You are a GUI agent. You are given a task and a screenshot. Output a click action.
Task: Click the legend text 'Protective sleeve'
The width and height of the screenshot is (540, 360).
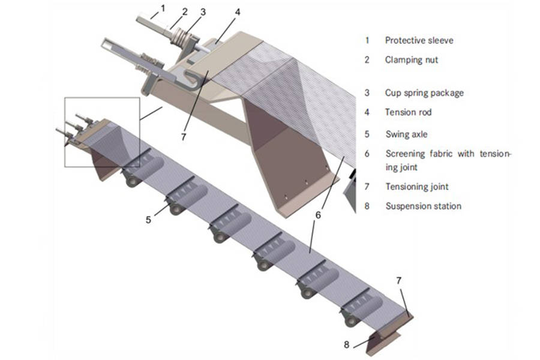(x=419, y=41)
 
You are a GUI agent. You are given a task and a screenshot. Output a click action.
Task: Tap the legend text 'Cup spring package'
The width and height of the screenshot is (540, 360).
(x=424, y=93)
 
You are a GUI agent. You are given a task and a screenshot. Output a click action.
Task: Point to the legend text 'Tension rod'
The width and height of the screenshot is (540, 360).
(x=408, y=112)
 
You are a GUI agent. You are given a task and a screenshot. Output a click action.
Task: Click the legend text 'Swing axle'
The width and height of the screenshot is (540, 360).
(x=407, y=135)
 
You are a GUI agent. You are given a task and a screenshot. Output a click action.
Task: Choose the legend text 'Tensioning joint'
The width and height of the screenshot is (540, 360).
(x=416, y=187)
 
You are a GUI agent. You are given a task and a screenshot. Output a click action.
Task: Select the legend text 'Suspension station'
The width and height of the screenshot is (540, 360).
(x=423, y=206)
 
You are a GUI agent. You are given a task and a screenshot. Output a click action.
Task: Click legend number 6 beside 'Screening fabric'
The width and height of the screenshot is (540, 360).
(x=367, y=154)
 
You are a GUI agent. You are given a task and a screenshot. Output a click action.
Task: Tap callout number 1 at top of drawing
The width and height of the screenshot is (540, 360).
(x=161, y=8)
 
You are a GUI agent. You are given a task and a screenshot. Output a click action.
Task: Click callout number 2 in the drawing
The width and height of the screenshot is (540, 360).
(x=185, y=11)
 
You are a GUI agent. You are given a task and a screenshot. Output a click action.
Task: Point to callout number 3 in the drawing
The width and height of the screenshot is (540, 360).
(x=203, y=11)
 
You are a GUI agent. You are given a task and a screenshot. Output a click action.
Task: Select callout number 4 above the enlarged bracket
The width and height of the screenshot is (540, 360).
(x=238, y=11)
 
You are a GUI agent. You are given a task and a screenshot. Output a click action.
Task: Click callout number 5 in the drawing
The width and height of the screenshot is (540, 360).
(x=148, y=220)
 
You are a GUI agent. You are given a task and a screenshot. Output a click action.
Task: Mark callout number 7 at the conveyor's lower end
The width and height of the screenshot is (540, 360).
(x=398, y=280)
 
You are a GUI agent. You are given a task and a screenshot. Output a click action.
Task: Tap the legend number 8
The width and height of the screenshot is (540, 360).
(x=367, y=206)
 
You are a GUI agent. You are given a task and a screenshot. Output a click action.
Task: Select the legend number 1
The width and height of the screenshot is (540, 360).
(x=367, y=41)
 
